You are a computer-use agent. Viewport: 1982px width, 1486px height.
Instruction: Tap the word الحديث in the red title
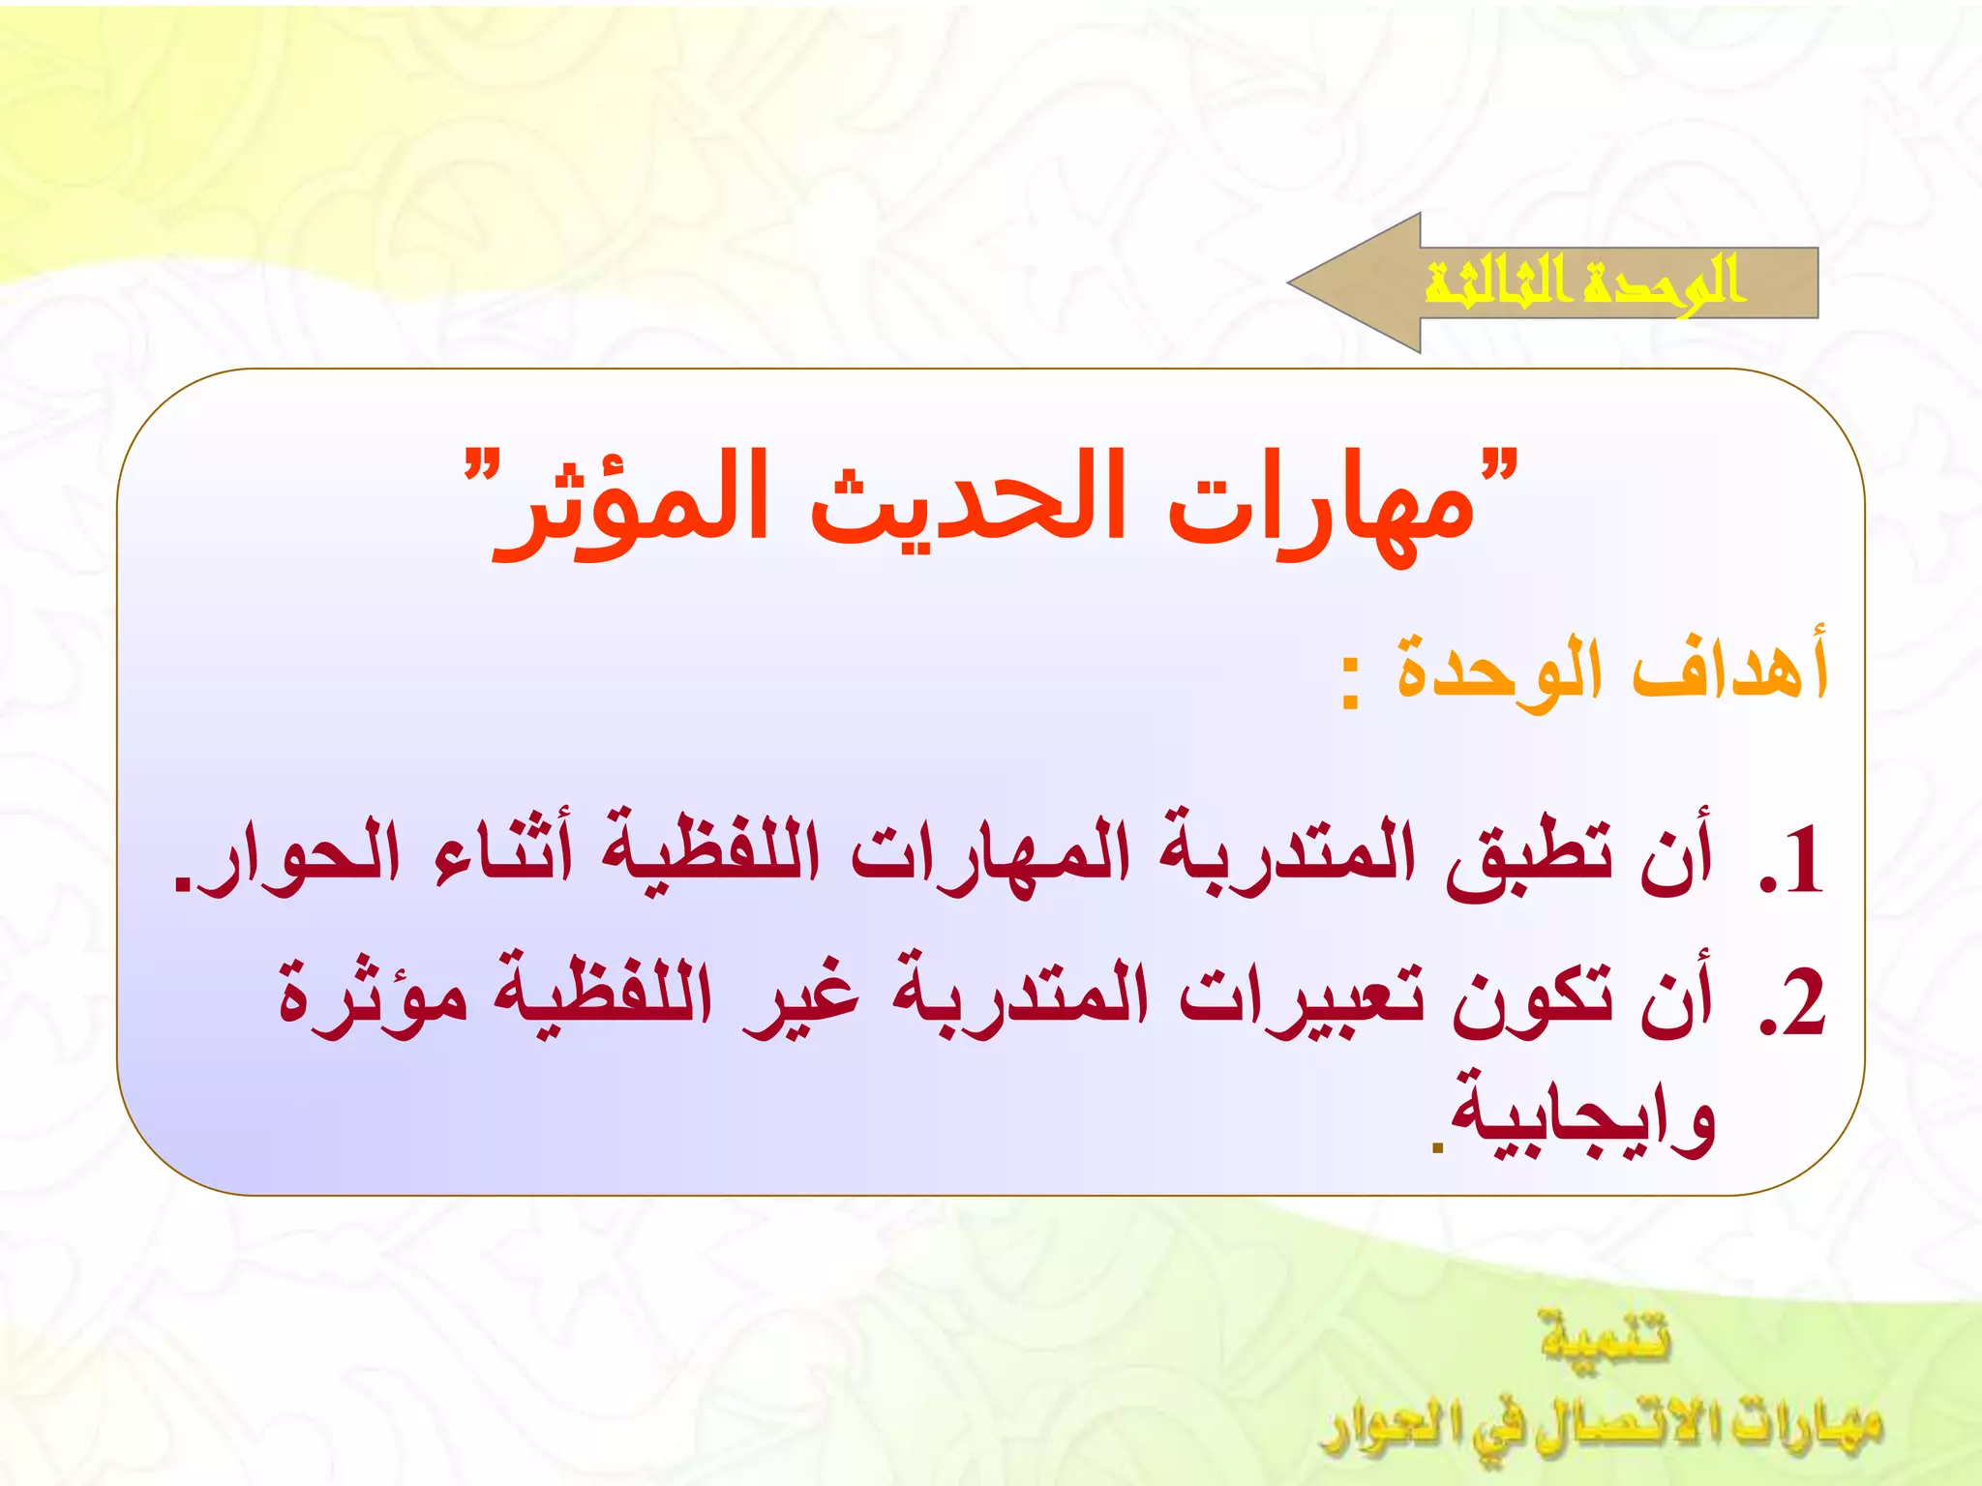point(968,503)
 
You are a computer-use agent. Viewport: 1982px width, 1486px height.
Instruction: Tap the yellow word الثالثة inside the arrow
point(1495,282)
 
